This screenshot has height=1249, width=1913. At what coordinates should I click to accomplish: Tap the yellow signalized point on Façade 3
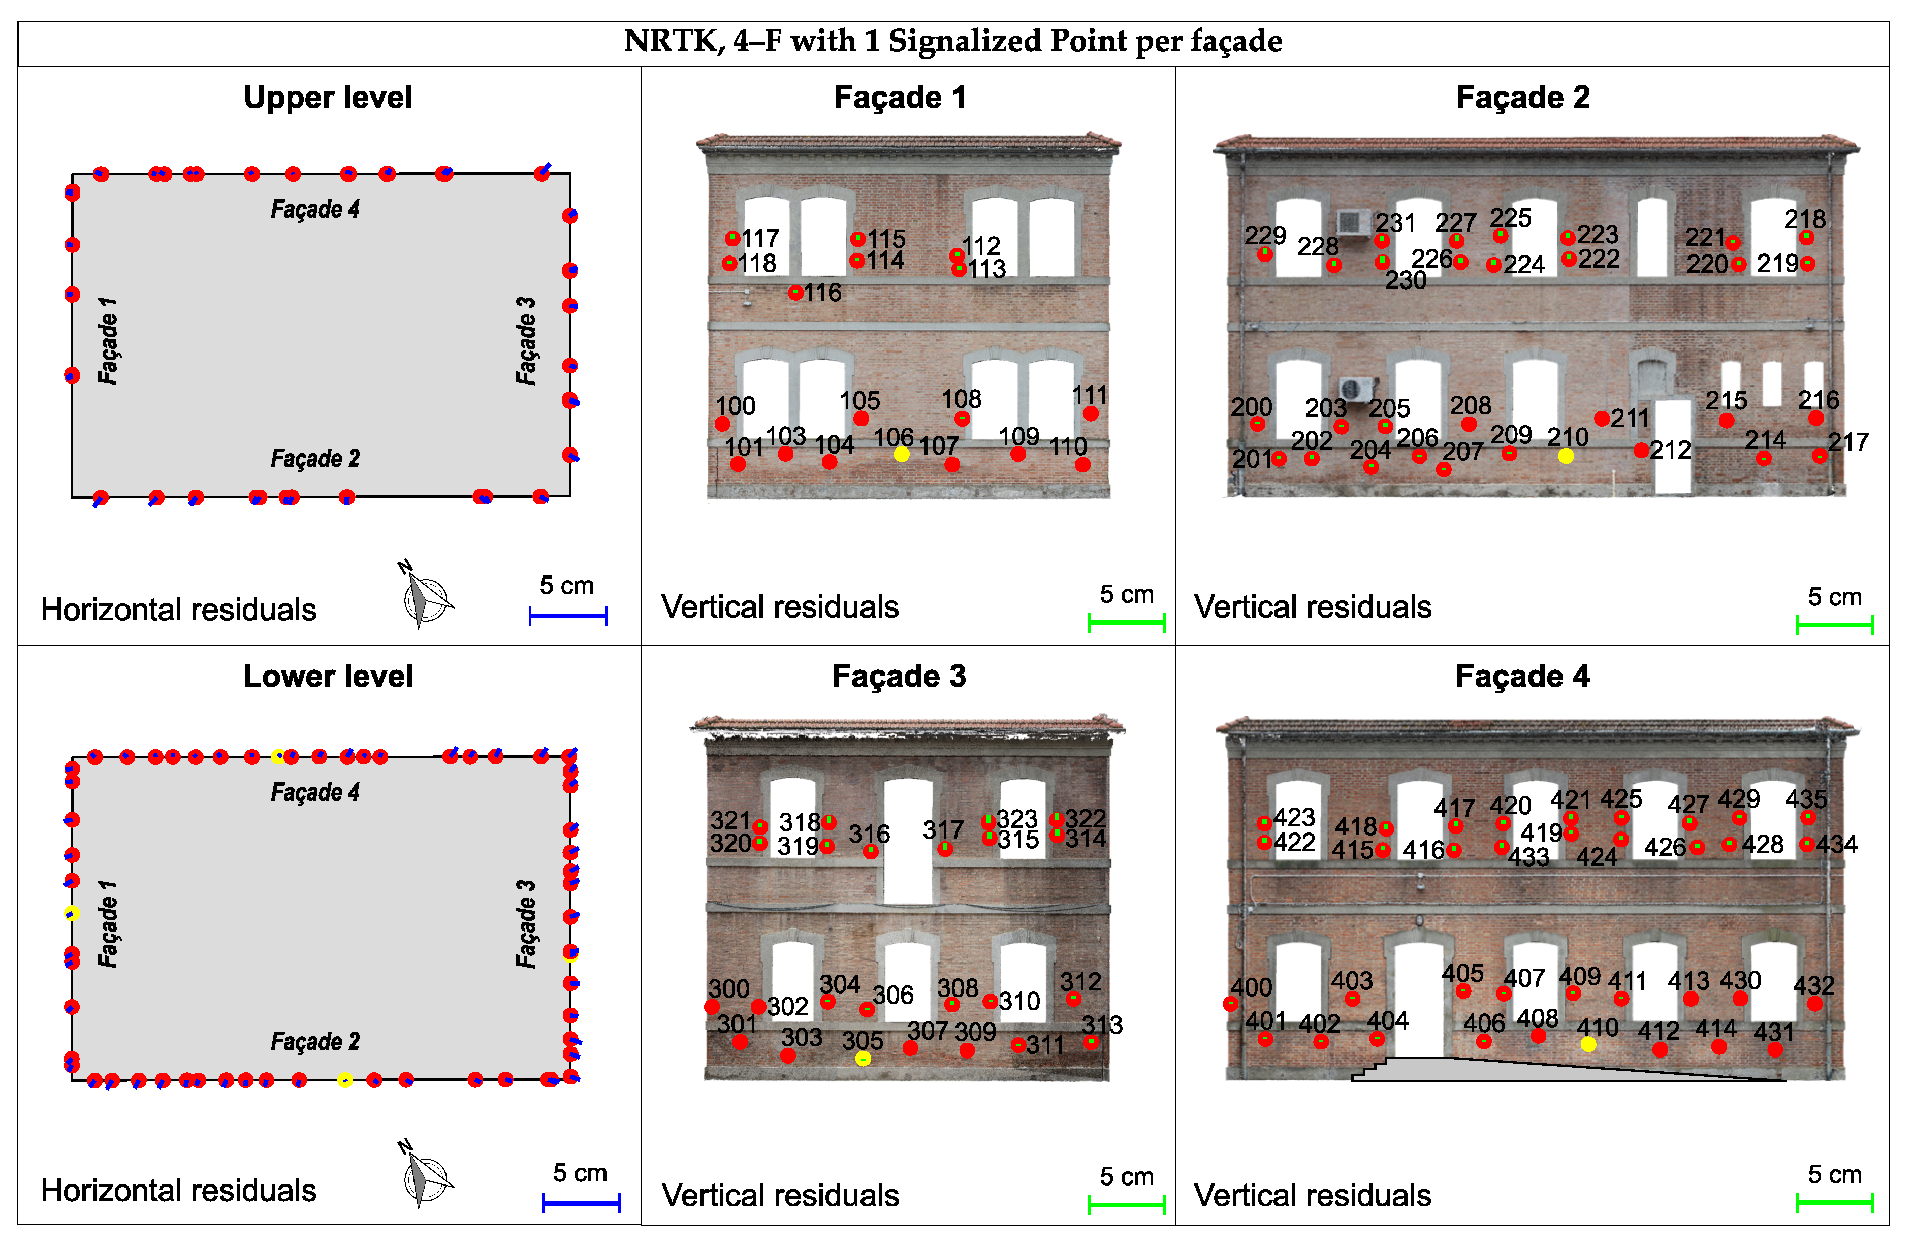point(863,1060)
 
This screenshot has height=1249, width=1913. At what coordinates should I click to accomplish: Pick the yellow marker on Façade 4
point(1587,1044)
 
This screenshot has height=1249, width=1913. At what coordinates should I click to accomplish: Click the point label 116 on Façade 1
point(822,293)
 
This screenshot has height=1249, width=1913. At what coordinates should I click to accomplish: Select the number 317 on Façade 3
point(942,829)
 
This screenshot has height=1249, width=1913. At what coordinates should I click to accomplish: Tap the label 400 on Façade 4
point(1252,987)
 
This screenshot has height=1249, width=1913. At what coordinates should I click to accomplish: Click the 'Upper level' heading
point(328,97)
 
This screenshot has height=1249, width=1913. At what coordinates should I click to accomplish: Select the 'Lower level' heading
point(328,676)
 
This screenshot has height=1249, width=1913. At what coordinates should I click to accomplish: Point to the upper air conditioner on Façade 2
point(1354,222)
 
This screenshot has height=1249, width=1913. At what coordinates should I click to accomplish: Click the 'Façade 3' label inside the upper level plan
point(526,341)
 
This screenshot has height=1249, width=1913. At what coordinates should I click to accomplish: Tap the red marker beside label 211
point(1601,419)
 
